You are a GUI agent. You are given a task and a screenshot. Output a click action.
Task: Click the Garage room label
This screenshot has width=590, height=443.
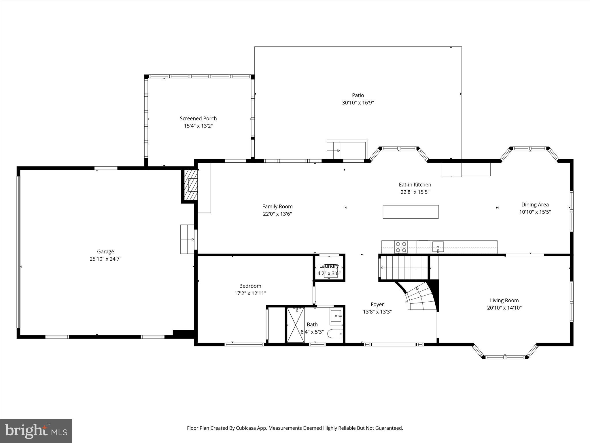(x=105, y=251)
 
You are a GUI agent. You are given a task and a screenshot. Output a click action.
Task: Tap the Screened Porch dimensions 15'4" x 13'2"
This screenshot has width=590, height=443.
(x=198, y=126)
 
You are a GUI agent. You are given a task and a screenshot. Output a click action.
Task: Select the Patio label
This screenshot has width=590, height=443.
(x=358, y=95)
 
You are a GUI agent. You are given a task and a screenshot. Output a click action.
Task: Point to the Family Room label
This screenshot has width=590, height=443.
(x=277, y=207)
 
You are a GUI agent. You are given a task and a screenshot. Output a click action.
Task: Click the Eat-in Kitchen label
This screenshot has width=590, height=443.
(x=415, y=185)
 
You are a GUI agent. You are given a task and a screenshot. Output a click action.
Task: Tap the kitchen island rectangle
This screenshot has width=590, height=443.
(x=411, y=212)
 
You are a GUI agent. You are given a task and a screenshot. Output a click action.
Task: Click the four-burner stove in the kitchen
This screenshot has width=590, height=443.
(x=401, y=247)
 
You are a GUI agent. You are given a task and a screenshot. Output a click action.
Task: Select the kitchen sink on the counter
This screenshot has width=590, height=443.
(x=438, y=247)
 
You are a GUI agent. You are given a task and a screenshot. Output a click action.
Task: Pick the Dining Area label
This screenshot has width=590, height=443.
(x=535, y=204)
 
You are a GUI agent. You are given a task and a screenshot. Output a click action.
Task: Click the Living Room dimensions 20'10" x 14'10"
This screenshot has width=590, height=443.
(x=504, y=308)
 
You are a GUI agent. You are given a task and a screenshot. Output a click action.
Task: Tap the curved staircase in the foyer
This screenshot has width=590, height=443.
(x=421, y=297)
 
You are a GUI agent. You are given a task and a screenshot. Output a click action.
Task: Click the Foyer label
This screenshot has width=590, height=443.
(x=377, y=304)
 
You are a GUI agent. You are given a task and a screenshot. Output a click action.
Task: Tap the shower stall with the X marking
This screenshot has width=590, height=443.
(x=296, y=325)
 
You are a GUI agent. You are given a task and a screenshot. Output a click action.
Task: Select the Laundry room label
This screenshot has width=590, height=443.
(x=329, y=266)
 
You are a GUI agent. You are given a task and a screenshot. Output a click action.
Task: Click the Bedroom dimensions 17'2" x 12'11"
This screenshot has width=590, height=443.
(x=250, y=293)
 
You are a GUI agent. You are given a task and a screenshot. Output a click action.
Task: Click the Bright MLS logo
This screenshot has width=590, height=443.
(x=36, y=431)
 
